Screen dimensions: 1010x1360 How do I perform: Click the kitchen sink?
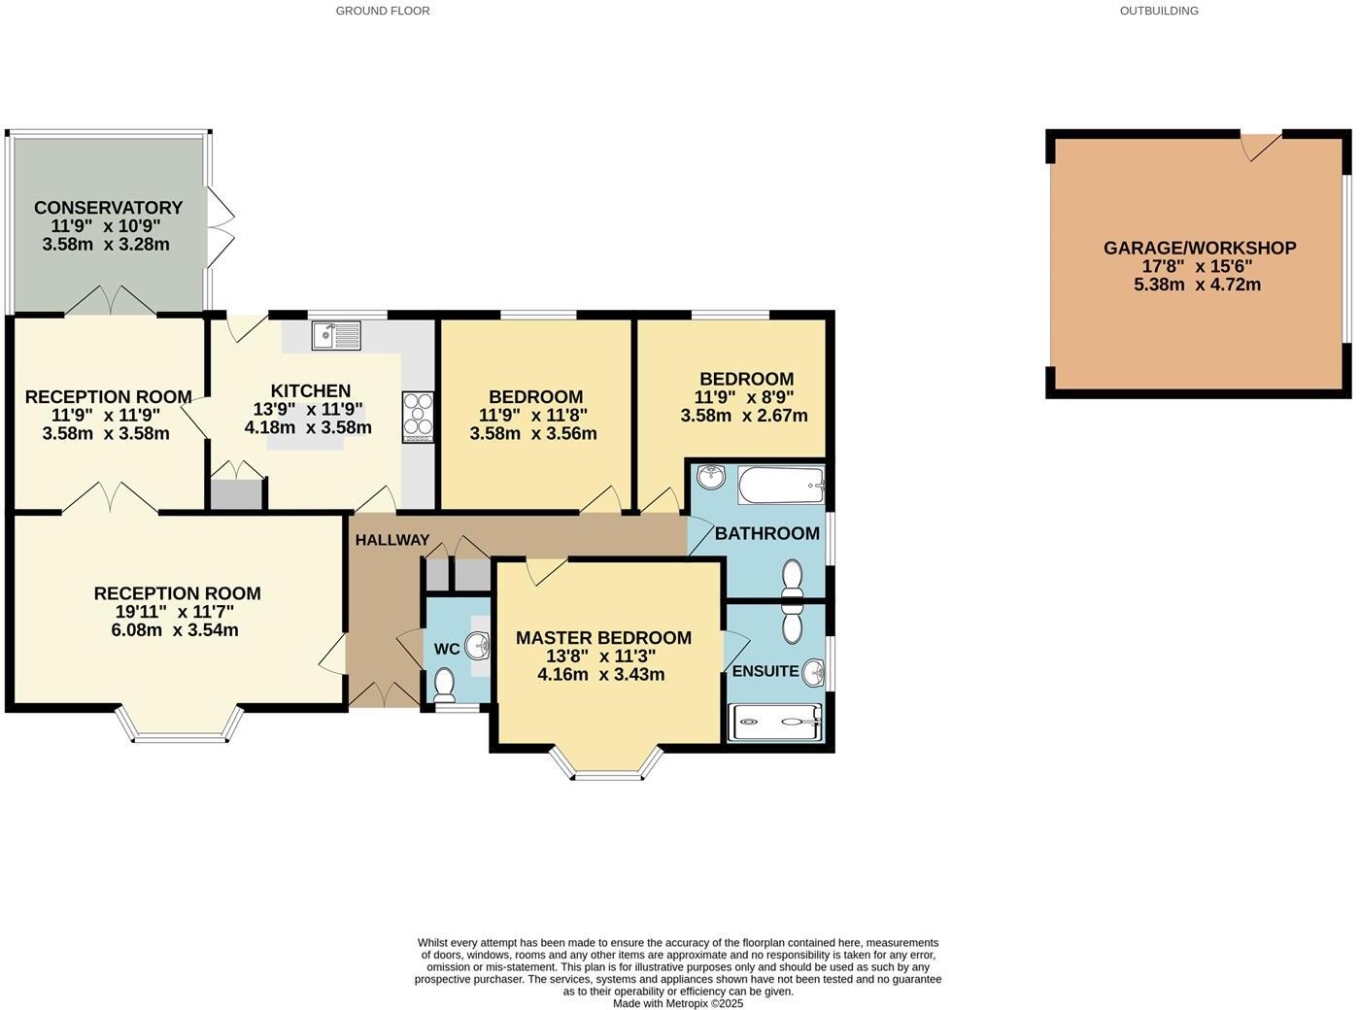point(336,336)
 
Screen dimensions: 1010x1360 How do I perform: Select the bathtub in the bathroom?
point(781,485)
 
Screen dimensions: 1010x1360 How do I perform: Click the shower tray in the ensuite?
point(775,723)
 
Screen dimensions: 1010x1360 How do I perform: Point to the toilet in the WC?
point(445,685)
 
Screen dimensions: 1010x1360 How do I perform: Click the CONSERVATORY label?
point(108,208)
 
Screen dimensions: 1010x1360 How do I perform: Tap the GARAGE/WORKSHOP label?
point(1199,249)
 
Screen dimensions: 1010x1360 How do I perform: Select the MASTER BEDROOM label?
point(603,638)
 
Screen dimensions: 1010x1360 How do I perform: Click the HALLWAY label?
point(391,541)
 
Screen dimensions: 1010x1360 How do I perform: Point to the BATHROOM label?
point(767,534)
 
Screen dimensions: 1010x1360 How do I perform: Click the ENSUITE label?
point(765,671)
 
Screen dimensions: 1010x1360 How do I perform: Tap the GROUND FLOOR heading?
point(383,11)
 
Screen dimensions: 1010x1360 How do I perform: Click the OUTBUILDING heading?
point(1159,11)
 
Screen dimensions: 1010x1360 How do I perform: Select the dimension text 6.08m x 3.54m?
point(175,630)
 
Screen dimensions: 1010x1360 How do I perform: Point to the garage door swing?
point(1260,146)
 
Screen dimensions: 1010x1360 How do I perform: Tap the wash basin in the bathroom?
point(711,477)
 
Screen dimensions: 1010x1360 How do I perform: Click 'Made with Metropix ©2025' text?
point(677,1003)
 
